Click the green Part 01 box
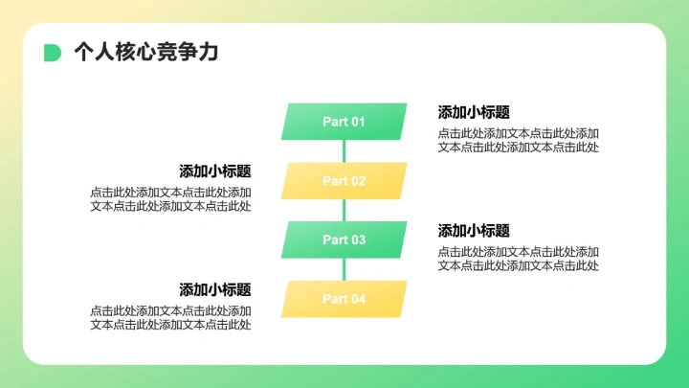click(344, 122)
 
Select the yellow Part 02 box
click(344, 181)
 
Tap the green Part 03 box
click(344, 240)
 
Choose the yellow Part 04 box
click(344, 299)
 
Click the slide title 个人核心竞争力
click(145, 53)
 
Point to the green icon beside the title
click(53, 53)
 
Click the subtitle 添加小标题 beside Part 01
click(474, 112)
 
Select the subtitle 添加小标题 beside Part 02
click(215, 171)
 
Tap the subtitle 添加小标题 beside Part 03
click(474, 231)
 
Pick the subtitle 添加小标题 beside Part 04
click(215, 289)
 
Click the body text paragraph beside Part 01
click(519, 140)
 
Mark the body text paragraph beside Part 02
click(170, 199)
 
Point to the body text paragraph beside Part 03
click(519, 259)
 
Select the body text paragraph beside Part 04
click(170, 317)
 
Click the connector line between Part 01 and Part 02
click(344, 151)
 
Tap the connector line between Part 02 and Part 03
click(344, 210)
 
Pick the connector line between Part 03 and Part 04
click(344, 269)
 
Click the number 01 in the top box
click(357, 122)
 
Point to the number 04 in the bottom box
click(357, 299)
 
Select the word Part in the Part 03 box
click(335, 240)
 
